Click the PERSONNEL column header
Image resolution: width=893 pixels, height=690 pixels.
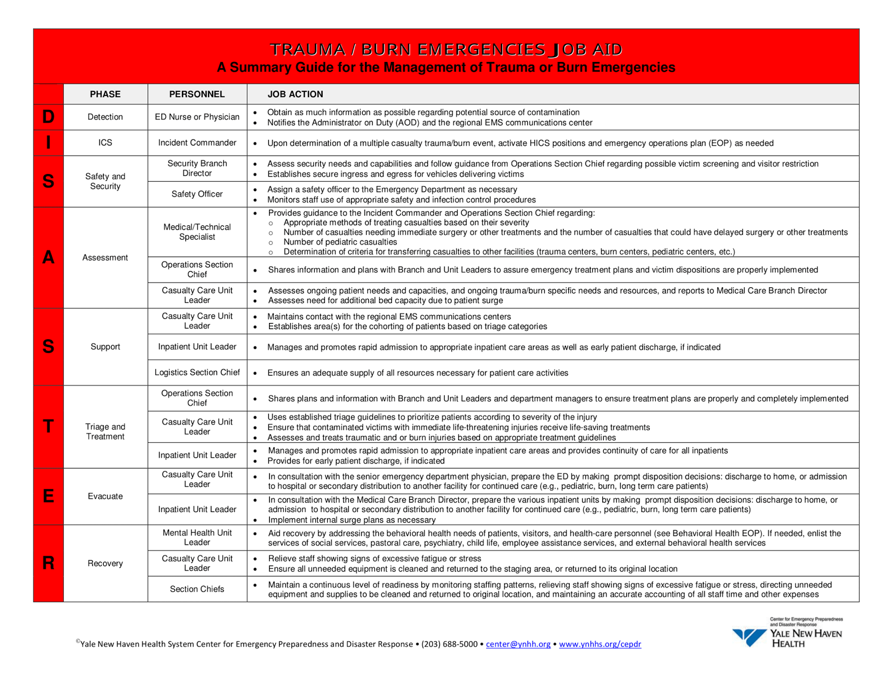(197, 94)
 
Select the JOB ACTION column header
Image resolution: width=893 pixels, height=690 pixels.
(295, 94)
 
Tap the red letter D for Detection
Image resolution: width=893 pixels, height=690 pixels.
(49, 117)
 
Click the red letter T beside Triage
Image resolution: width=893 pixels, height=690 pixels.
(49, 427)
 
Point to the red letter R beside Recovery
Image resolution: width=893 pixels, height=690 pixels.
(49, 563)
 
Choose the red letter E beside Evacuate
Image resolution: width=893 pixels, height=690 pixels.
(49, 496)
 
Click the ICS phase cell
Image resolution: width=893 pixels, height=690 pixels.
(105, 143)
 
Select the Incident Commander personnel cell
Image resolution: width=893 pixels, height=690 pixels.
(197, 143)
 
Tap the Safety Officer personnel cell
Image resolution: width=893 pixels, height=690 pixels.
(197, 194)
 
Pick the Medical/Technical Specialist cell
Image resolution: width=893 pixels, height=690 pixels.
(197, 232)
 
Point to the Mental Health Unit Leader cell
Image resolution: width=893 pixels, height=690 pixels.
(197, 538)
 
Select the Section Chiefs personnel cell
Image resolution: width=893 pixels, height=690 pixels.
(197, 589)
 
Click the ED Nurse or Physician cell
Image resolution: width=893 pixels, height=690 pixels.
(197, 117)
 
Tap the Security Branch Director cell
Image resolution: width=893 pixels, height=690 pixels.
(197, 168)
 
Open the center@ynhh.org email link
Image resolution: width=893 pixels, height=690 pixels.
(518, 644)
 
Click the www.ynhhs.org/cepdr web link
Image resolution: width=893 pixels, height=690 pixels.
(600, 644)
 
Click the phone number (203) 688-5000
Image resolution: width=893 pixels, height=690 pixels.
(449, 644)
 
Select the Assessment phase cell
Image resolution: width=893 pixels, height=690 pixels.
(105, 258)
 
